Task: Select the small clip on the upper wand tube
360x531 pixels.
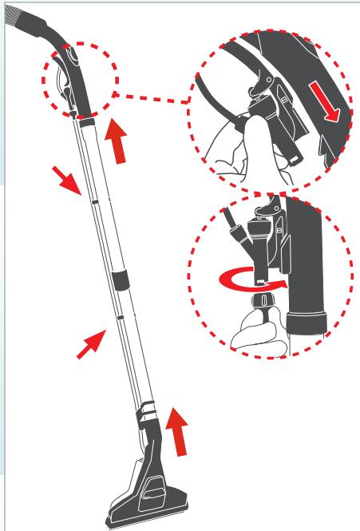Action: point(93,204)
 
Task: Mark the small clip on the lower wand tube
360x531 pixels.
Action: point(118,317)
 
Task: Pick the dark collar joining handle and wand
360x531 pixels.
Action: point(86,120)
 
